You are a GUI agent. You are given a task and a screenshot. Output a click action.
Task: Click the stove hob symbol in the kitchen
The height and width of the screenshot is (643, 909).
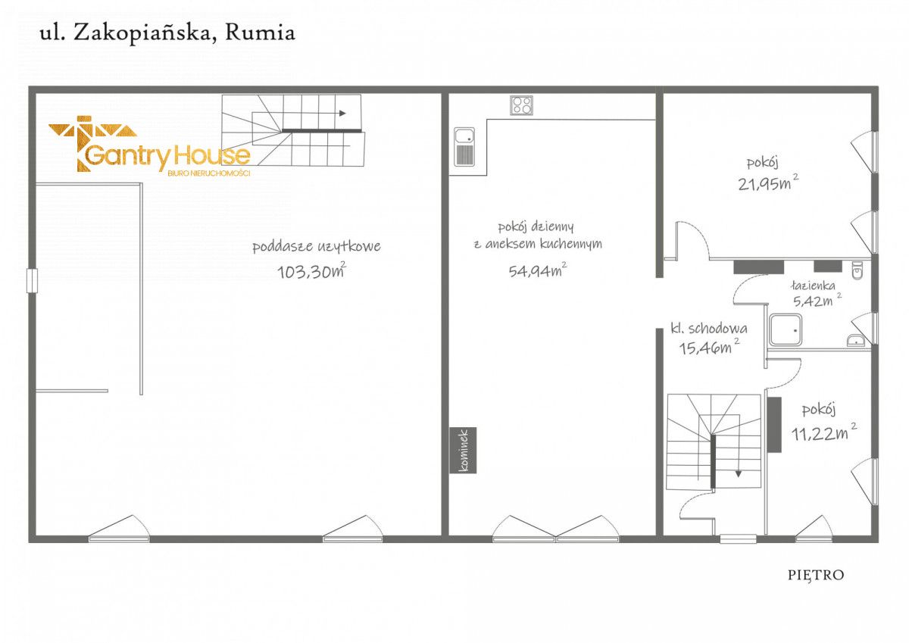coord(520,105)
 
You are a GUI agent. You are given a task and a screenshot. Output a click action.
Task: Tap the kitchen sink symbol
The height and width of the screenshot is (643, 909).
coord(464,146)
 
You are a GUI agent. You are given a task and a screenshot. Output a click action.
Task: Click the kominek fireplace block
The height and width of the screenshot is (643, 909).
coord(464,450)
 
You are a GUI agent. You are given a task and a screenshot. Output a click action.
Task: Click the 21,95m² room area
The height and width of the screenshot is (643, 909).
coord(767,183)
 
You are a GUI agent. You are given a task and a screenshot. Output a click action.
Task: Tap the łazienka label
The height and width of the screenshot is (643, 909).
coord(812,286)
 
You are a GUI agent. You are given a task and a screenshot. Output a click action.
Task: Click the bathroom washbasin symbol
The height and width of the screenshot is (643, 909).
coord(857,340)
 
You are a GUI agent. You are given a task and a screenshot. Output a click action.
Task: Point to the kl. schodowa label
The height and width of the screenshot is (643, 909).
coord(709,329)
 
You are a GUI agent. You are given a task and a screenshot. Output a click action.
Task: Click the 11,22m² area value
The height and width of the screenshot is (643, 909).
coord(823,433)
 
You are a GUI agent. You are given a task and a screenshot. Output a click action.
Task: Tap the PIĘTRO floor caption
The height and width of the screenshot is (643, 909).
coord(815,575)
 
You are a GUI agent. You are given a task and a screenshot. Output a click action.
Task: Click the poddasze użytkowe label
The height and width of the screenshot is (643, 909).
coord(316,246)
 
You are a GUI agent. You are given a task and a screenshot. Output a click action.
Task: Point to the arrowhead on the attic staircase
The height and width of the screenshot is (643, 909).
coord(342,114)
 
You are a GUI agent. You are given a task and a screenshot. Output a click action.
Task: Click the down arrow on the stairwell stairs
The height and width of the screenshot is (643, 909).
coord(738,473)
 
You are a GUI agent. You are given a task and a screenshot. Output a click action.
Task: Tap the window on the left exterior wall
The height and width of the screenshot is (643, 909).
coord(31,280)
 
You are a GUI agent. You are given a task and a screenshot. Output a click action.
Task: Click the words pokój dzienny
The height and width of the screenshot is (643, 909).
coord(536,226)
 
